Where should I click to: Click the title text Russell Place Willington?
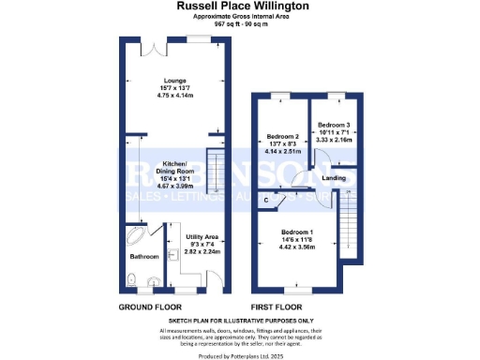pos(239,6)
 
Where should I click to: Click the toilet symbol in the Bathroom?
pos(135,278)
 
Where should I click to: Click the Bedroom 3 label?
pos(333,125)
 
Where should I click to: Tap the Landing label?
pos(334,177)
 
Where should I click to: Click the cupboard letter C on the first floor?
pos(267,199)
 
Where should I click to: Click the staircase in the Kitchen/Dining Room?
pos(215,170)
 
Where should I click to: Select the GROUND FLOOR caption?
pos(150,307)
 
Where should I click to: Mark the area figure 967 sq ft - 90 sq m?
pos(239,23)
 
